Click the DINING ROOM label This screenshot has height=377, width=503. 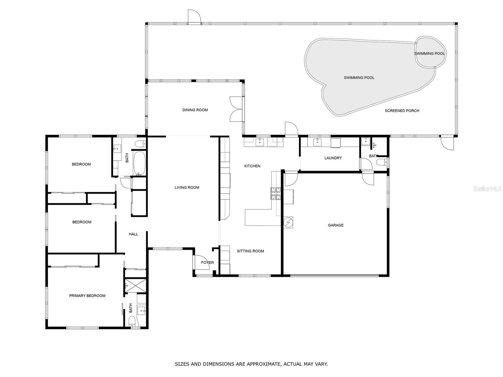click(x=195, y=110)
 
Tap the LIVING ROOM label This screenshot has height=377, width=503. click(x=187, y=188)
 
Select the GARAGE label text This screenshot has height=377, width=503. click(x=335, y=225)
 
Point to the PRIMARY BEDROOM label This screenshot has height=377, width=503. click(x=87, y=296)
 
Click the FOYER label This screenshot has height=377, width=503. click(x=207, y=263)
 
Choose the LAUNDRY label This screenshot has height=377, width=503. click(x=333, y=158)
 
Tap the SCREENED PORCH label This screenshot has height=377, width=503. click(x=402, y=111)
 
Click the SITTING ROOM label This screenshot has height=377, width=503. click(x=250, y=251)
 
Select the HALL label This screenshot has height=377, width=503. click(x=133, y=234)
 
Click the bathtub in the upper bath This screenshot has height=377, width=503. click(x=139, y=163)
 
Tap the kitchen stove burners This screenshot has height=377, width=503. click(x=275, y=194)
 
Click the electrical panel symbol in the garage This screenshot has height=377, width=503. click(x=288, y=222)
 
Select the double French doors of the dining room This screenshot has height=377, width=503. click(x=236, y=109)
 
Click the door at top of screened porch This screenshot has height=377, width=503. click(x=194, y=17)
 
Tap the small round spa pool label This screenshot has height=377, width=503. click(x=429, y=54)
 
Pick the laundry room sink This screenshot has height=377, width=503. click(x=318, y=142)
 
